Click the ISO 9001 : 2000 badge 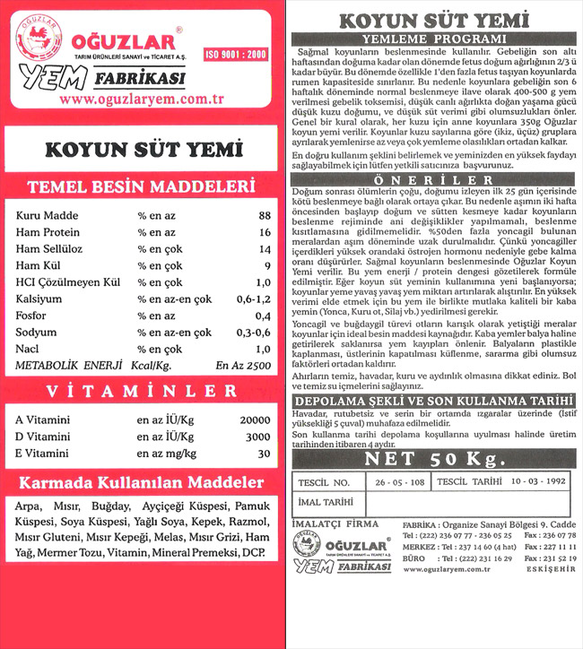[236, 55]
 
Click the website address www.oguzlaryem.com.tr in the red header [143, 100]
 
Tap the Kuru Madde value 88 [263, 216]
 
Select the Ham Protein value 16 [263, 232]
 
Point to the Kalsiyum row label [40, 298]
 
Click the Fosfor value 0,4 [262, 316]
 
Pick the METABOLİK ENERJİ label [67, 366]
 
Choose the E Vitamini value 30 [262, 453]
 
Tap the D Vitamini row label [44, 437]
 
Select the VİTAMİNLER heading [143, 391]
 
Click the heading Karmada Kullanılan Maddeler [143, 483]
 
